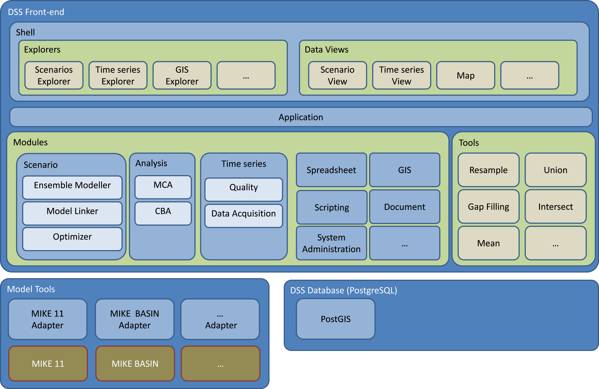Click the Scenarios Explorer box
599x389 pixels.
(x=54, y=75)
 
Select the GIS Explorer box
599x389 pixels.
(x=182, y=75)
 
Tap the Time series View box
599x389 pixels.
(x=401, y=75)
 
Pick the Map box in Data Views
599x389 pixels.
(x=466, y=75)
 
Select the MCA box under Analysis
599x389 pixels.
(x=163, y=187)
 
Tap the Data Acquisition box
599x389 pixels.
(x=244, y=216)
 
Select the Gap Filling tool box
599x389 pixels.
(x=489, y=207)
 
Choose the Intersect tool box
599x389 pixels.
(x=555, y=207)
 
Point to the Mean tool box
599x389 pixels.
(x=489, y=243)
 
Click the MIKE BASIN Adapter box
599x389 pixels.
(x=135, y=319)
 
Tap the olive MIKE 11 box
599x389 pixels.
(x=48, y=364)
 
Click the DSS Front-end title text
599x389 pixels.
(x=36, y=12)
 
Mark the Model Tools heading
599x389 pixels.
(x=31, y=289)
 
